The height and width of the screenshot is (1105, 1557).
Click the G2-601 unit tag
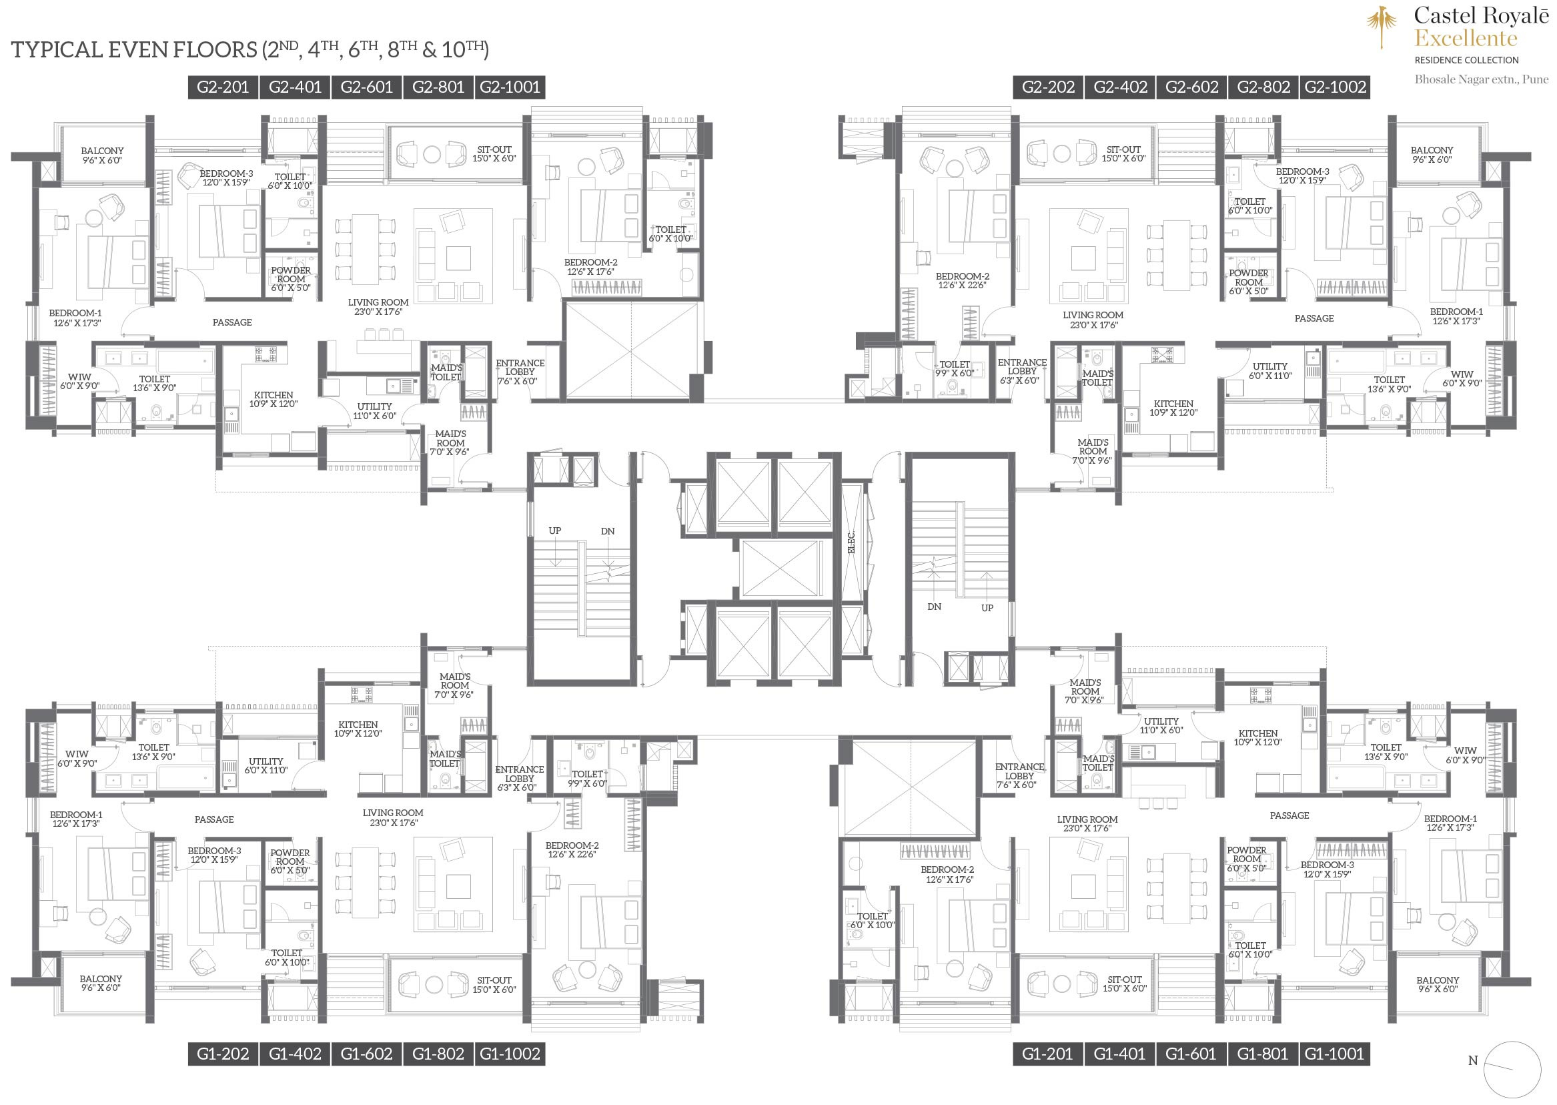(367, 87)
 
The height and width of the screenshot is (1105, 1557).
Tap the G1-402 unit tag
(296, 1054)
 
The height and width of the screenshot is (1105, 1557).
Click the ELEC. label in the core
(852, 542)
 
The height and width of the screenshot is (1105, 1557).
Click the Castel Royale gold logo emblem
(1382, 27)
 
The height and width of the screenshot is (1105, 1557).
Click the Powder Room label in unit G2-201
(290, 279)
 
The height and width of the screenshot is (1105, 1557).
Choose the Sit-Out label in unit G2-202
(1123, 153)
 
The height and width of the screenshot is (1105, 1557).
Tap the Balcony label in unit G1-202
(101, 983)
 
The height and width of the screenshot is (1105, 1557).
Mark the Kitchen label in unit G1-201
(1257, 737)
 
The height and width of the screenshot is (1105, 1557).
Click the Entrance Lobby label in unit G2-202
(1022, 372)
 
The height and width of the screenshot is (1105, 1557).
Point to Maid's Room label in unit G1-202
(454, 686)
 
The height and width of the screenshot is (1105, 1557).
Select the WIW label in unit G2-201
(79, 381)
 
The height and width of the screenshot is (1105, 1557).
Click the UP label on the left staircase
(555, 530)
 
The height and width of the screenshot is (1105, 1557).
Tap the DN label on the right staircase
(934, 607)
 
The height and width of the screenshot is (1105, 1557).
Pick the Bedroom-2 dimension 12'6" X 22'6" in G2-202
(962, 285)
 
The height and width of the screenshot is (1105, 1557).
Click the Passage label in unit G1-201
(1289, 815)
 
